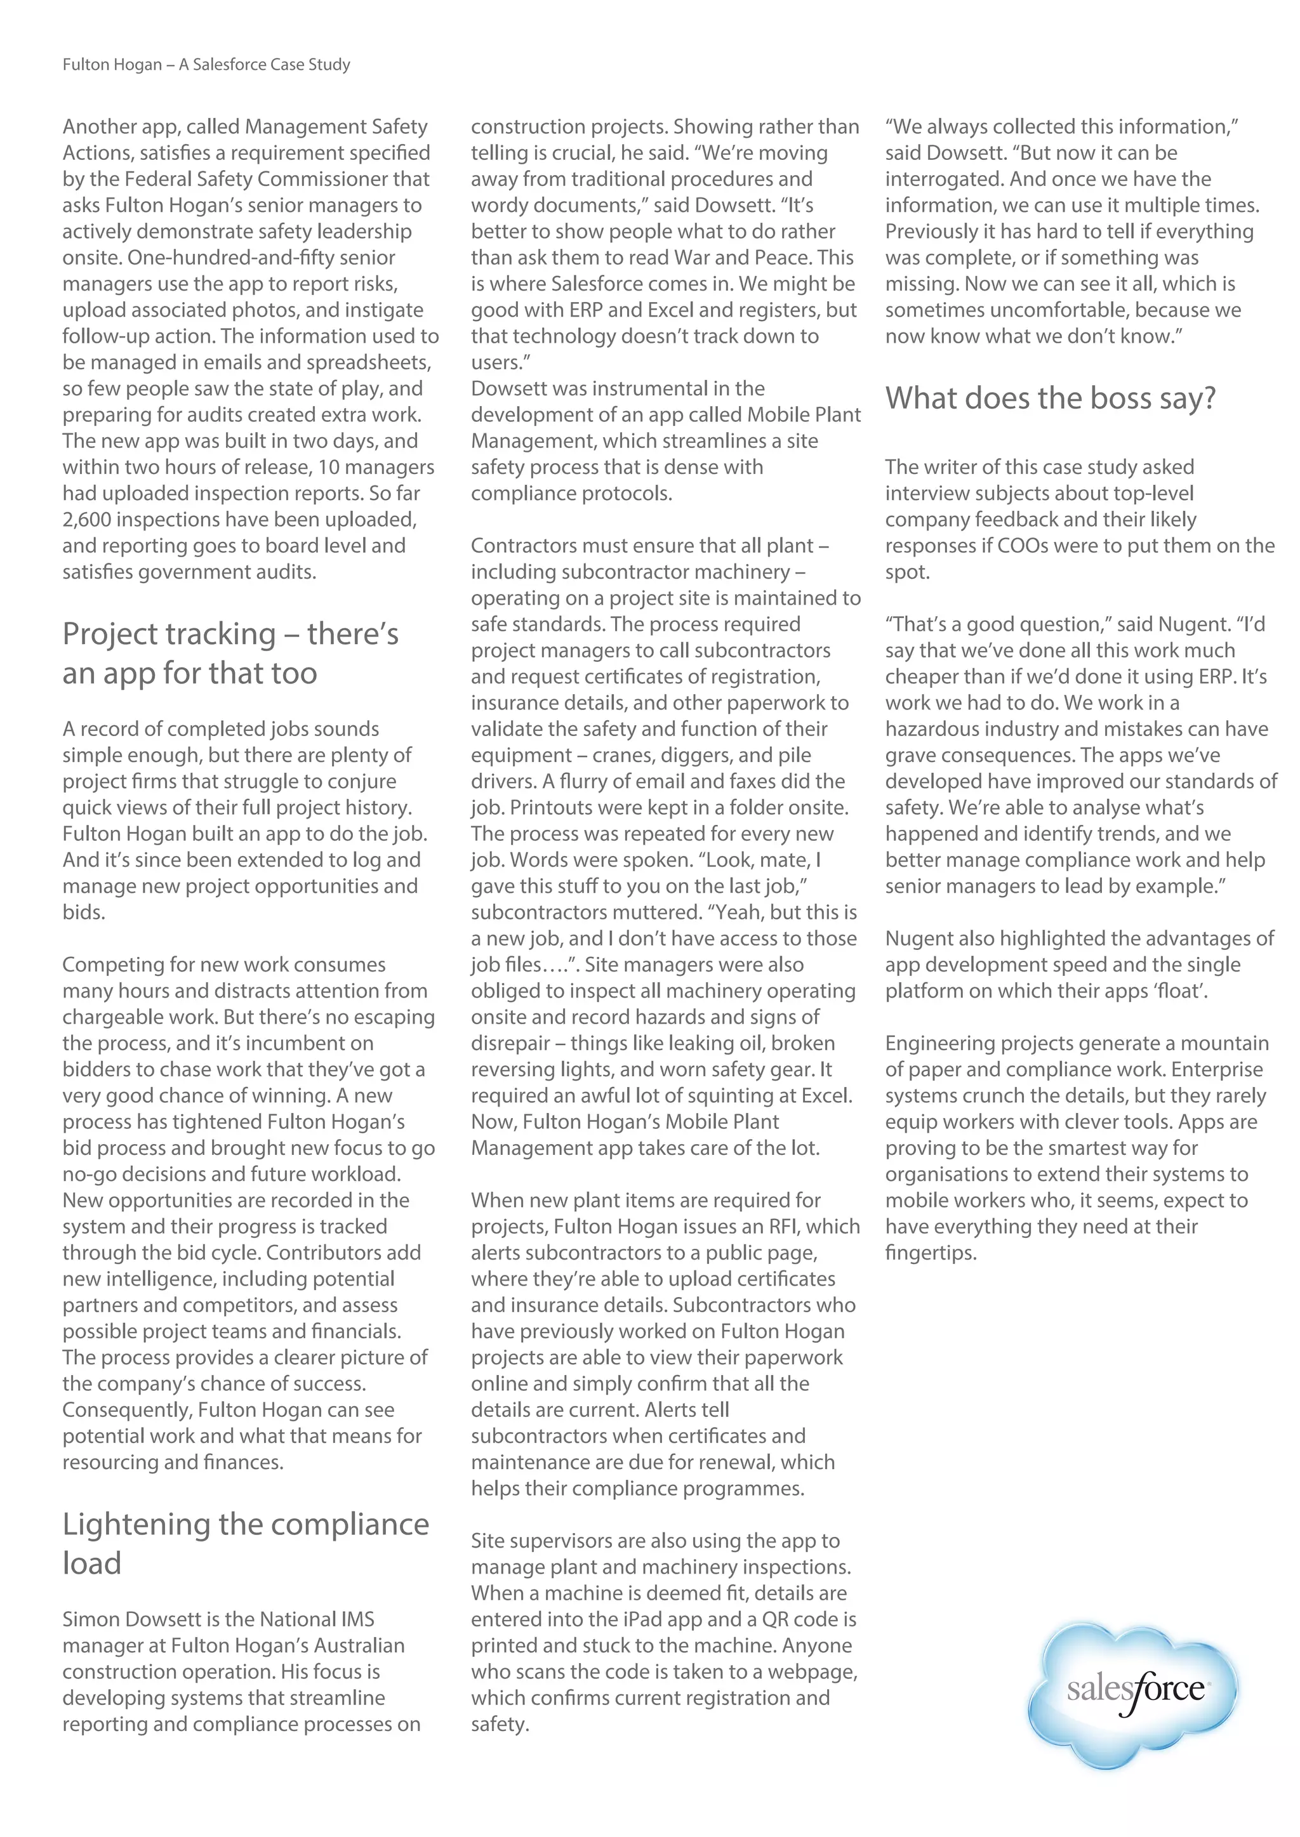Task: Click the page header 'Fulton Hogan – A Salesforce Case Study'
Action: [206, 65]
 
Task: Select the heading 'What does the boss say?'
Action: [1051, 398]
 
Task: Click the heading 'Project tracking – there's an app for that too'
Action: [230, 653]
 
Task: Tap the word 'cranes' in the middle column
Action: [620, 755]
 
